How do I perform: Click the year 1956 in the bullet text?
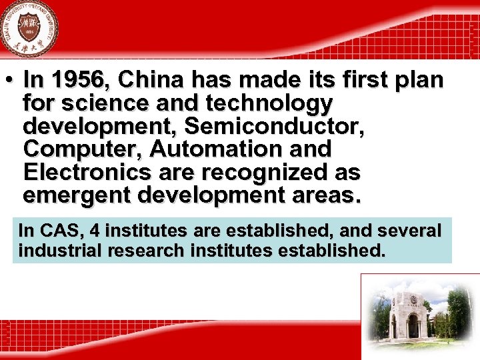[x=77, y=80]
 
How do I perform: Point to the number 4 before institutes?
[x=95, y=231]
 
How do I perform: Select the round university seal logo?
[x=29, y=29]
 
